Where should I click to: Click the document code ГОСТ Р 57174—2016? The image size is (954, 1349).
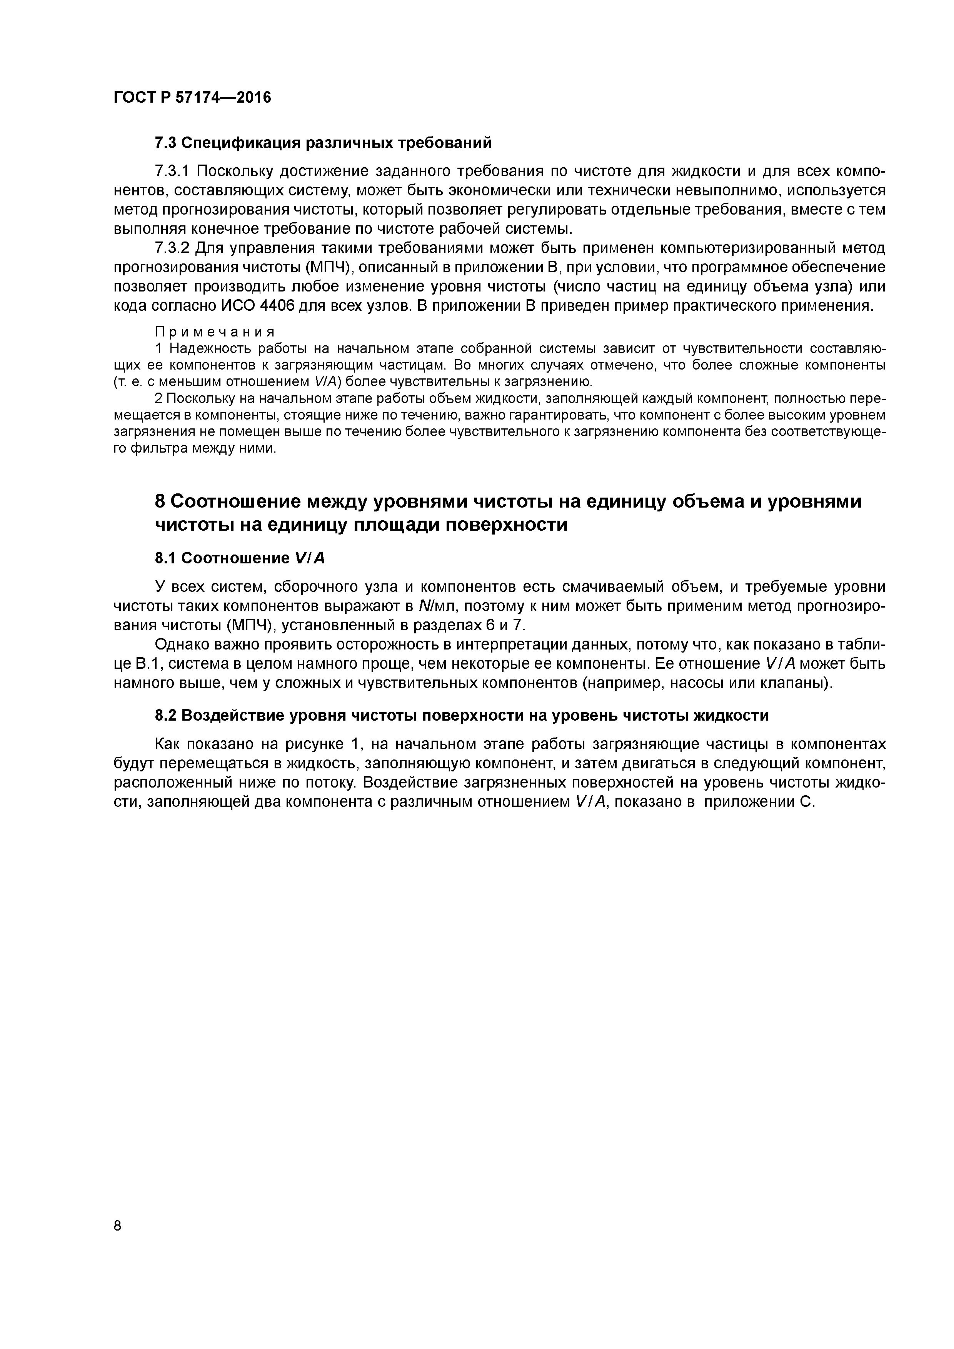point(192,98)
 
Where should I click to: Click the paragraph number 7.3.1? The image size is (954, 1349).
point(172,172)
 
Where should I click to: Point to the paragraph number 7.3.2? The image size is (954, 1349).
point(172,248)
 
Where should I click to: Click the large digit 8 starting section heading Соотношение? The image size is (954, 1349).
point(160,502)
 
